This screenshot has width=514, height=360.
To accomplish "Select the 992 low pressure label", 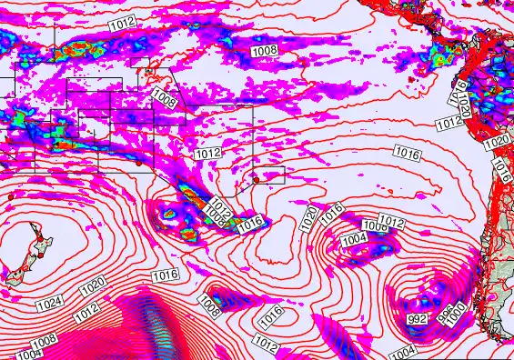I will pos(418,318).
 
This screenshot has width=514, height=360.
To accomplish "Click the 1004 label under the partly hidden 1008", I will pos(353,238).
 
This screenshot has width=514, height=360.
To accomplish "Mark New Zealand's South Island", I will pos(15,276).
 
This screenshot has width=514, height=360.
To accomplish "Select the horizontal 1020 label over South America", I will pos(495,144).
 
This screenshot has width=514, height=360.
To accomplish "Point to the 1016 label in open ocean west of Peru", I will pos(407,154).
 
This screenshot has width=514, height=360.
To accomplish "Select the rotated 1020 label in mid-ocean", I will pos(309,217).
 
